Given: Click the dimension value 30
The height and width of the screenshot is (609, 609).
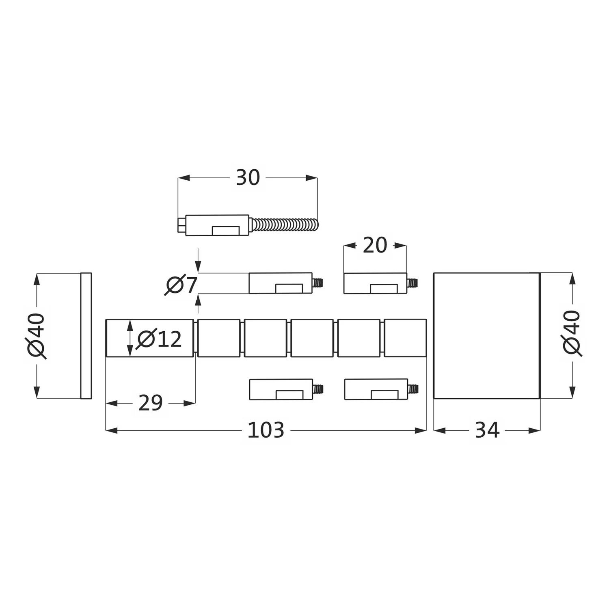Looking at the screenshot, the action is [x=248, y=177].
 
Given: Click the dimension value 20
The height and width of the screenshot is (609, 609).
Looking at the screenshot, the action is [x=375, y=245].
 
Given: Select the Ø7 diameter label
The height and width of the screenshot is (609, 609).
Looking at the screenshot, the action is [x=181, y=285].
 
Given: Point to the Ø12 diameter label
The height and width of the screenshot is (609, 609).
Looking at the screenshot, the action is [x=159, y=339].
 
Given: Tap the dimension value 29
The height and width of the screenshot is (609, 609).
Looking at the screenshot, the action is [x=151, y=403].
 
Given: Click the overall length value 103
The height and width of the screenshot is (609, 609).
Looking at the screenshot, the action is [x=266, y=430].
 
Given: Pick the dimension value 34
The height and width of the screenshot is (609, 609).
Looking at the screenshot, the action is [x=487, y=430].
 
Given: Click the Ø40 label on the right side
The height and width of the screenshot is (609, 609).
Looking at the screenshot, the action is [x=572, y=333].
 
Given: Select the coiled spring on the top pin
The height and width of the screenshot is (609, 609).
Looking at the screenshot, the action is [x=284, y=225].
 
